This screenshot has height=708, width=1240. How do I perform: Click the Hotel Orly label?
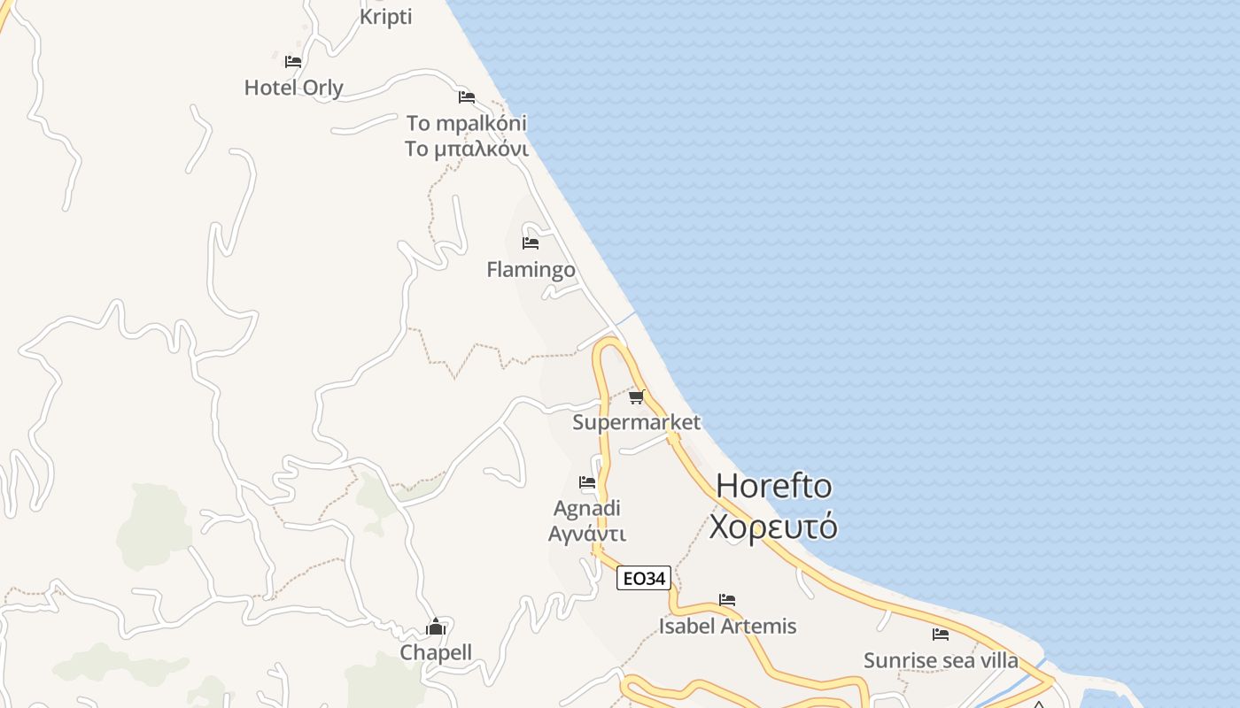pyautogui.click(x=293, y=88)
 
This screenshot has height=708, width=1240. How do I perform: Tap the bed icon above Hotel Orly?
pyautogui.click(x=293, y=62)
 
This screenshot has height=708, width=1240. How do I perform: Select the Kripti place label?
pyautogui.click(x=386, y=17)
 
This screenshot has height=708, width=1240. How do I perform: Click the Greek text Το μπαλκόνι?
pyautogui.click(x=467, y=149)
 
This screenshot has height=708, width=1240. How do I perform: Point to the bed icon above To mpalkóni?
pyautogui.click(x=467, y=97)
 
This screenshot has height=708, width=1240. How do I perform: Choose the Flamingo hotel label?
pyautogui.click(x=531, y=269)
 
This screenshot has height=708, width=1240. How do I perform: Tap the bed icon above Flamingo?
pyautogui.click(x=531, y=243)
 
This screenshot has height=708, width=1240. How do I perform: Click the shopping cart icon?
pyautogui.click(x=637, y=396)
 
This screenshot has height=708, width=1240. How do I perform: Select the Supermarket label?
pyautogui.click(x=636, y=422)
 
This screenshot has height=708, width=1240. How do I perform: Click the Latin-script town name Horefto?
pyautogui.click(x=774, y=486)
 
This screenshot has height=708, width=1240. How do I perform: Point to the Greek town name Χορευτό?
pyautogui.click(x=773, y=527)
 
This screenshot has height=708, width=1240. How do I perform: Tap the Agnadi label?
pyautogui.click(x=587, y=508)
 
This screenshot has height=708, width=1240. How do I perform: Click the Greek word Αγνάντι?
pyautogui.click(x=587, y=534)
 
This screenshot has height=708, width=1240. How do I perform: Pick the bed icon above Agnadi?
pyautogui.click(x=587, y=482)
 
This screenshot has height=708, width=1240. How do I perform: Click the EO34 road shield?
pyautogui.click(x=644, y=579)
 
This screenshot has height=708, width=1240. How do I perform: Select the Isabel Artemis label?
pyautogui.click(x=727, y=626)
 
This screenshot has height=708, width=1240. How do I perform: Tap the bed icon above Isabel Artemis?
pyautogui.click(x=727, y=600)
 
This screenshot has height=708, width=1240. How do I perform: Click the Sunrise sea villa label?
pyautogui.click(x=941, y=660)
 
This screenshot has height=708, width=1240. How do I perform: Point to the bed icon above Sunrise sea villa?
pyautogui.click(x=941, y=635)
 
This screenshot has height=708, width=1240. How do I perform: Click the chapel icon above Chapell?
pyautogui.click(x=436, y=627)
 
